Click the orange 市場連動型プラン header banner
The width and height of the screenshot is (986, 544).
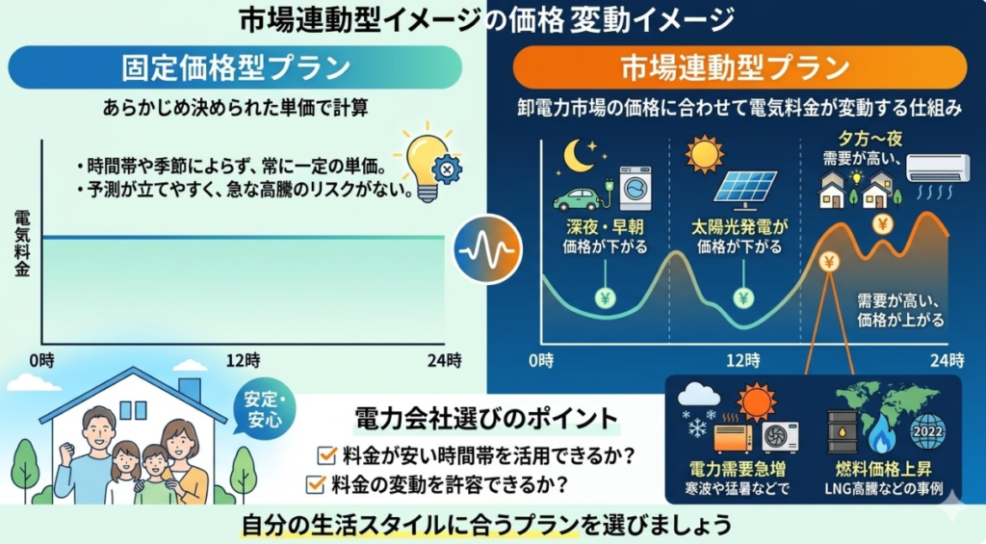pos(739,67)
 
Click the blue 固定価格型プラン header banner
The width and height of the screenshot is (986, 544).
pos(235,67)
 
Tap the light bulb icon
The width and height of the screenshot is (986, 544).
pos(428,163)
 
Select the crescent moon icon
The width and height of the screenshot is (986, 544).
pos(579,155)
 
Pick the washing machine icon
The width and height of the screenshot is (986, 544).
pos(636,188)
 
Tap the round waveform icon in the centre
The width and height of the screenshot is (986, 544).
pos(487,249)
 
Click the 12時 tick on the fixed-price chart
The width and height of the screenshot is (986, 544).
pos(244,360)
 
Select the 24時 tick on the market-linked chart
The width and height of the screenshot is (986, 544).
pos(947,360)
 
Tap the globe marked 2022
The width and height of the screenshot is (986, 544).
pos(927,430)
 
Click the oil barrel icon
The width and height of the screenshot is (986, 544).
pos(842,431)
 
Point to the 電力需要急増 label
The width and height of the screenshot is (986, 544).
pos(737,469)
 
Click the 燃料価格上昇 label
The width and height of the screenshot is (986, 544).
pos(884,469)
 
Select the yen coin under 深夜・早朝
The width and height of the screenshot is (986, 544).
pos(605,298)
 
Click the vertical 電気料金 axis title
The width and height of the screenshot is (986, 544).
pos(22,244)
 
